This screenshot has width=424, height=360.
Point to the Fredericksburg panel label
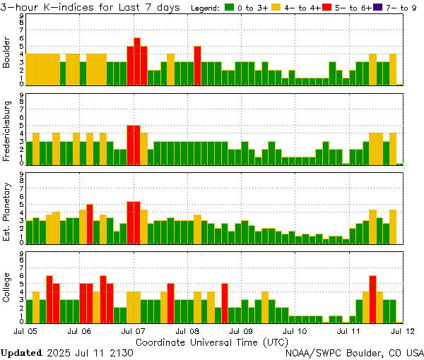[7, 132]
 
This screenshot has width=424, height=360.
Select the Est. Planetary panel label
[7, 211]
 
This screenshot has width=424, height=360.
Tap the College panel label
[7, 290]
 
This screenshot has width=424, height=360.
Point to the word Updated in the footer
[20, 352]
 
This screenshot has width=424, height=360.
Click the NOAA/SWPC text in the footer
[310, 352]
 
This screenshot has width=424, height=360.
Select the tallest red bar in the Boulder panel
[137, 61]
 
